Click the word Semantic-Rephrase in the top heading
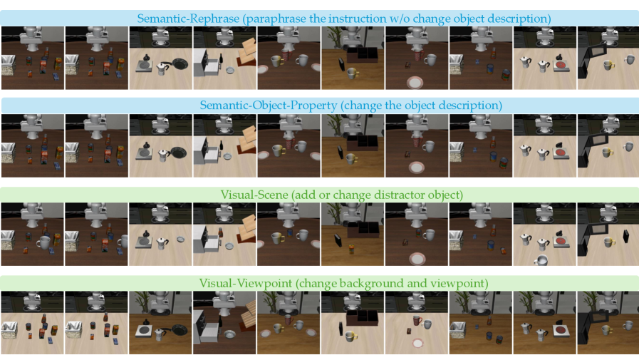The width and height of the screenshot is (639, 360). click(188, 19)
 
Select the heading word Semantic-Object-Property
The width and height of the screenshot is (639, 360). click(268, 106)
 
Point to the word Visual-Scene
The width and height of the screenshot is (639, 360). click(254, 195)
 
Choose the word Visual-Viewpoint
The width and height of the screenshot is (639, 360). click(245, 283)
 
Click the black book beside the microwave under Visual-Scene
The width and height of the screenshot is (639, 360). click(626, 237)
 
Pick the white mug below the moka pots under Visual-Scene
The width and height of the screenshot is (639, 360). click(541, 260)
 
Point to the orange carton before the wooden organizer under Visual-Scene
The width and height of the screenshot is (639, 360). click(351, 248)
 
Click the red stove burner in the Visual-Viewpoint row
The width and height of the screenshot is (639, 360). click(561, 330)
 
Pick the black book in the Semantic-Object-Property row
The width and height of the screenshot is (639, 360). click(341, 152)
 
